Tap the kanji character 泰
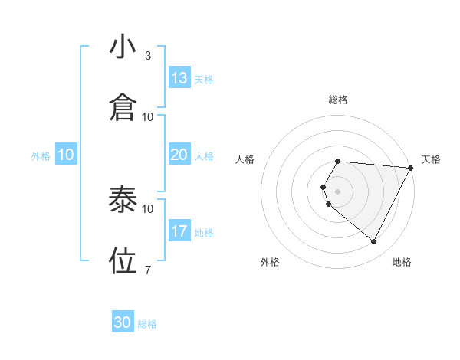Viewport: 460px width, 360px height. pos(123,200)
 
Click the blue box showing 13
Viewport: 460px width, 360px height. pos(179,78)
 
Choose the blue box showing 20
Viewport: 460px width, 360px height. pos(179,155)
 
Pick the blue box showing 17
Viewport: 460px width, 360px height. pos(179,231)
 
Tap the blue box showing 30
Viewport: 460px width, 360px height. pos(123,322)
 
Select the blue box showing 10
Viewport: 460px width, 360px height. pos(66,155)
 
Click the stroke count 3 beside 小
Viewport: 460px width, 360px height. pos(148,56)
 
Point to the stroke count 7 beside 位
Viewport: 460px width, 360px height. pos(148,270)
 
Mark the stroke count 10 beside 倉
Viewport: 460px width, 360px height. pos(148,117)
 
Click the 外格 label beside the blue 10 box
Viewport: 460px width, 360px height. pos(41,155)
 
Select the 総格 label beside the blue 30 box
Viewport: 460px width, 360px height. pos(147,324)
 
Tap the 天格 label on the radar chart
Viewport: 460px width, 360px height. pos(432,159)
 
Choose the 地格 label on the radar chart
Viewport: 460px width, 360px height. pos(402,262)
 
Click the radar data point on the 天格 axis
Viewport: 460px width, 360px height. pos(411,168)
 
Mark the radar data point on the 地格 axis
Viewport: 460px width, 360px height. pos(373,242)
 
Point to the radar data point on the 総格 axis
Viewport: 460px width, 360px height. pos(338,162)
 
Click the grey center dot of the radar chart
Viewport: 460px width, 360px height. pos(338,191)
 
